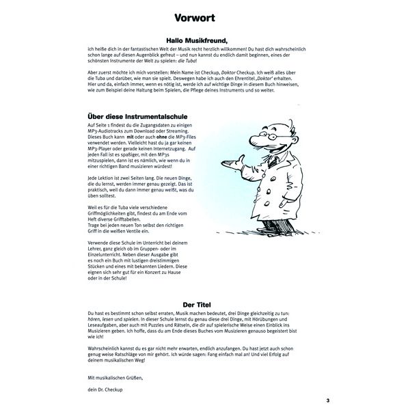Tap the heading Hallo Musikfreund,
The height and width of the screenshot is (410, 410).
point(205,40)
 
